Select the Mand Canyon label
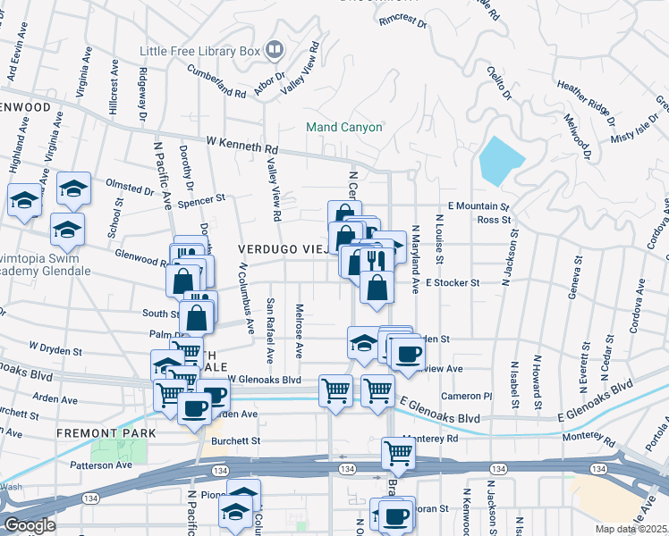[343, 127]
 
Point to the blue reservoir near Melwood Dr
[501, 159]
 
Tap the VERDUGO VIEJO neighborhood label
[281, 248]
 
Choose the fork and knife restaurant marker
[376, 259]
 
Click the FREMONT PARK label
[106, 432]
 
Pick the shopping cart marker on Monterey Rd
[398, 453]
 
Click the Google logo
[30, 525]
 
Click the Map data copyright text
[631, 529]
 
